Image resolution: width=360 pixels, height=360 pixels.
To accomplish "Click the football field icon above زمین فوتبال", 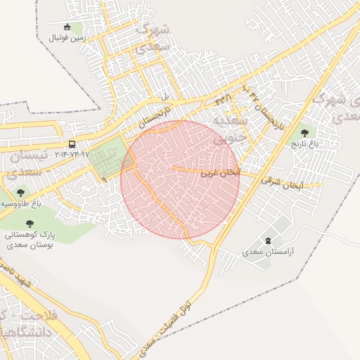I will tap(67, 27).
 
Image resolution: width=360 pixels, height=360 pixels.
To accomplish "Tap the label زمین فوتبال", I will tap(67, 39).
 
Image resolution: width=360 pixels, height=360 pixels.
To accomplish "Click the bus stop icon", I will tap(72, 144).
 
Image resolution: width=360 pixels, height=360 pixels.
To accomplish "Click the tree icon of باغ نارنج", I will tap(304, 131).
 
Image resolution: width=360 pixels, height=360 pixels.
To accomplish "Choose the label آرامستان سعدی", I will tap(271, 251).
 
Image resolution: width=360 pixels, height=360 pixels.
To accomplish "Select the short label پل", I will tap(166, 96).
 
